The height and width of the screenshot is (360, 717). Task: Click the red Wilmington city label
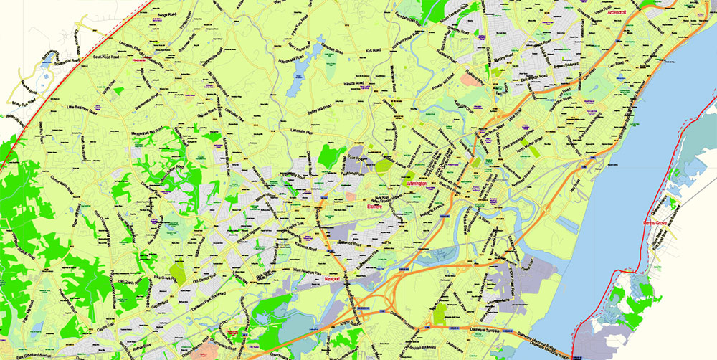(417, 184)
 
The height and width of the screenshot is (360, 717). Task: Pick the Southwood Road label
(107, 56)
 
